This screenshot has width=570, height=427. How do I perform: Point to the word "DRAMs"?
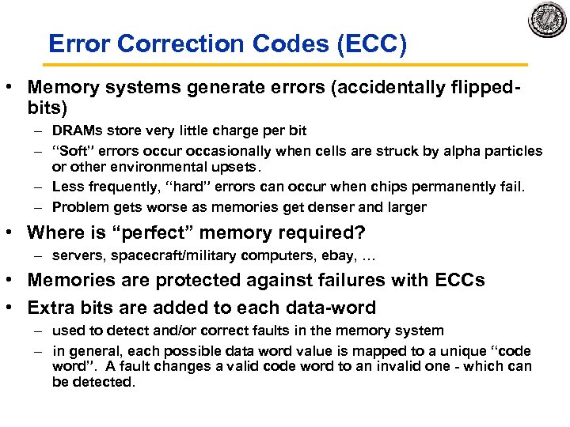pos(76,130)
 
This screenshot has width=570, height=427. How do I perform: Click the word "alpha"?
pos(462,150)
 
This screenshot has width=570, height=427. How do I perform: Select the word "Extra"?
pos(51,307)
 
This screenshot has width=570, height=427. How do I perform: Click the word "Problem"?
pos(78,207)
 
